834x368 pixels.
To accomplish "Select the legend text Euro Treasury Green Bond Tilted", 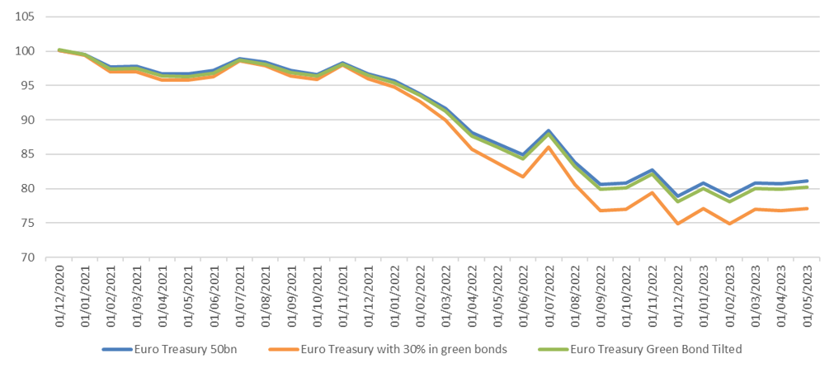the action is pos(656,349).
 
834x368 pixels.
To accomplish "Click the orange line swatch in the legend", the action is pos(284,350).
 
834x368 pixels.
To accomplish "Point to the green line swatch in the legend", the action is pos(554,350).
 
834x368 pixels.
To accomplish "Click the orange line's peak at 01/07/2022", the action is pos(548,147).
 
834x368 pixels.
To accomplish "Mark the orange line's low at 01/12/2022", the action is pos(677,224).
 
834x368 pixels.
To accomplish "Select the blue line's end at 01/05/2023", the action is pos(807,181).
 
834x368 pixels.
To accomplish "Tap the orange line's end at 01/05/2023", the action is pos(807,209).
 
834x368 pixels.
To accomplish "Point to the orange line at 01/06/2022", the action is pos(522,177).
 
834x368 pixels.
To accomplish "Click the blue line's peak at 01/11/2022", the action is pos(651,170).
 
